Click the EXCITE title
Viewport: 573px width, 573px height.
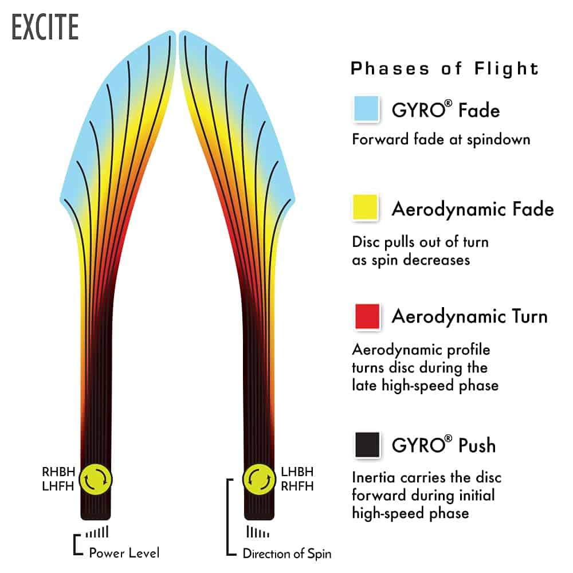(45, 27)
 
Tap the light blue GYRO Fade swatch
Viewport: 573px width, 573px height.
(367, 108)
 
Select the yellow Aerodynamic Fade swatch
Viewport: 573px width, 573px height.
(365, 207)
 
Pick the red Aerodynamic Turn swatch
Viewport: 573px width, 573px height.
(367, 316)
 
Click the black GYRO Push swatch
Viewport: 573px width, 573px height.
(367, 445)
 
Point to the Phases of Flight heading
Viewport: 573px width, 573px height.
(445, 68)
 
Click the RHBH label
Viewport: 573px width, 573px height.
(58, 472)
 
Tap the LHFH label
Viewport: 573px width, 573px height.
(58, 486)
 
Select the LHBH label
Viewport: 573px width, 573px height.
(297, 472)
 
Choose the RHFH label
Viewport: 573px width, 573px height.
(297, 486)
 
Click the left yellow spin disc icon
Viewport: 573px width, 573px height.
(96, 480)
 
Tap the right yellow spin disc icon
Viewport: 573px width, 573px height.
(259, 480)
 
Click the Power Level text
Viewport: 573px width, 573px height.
(124, 553)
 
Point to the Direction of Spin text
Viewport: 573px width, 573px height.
(287, 554)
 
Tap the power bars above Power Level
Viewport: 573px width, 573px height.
(97, 532)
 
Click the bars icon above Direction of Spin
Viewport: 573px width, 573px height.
(258, 532)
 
